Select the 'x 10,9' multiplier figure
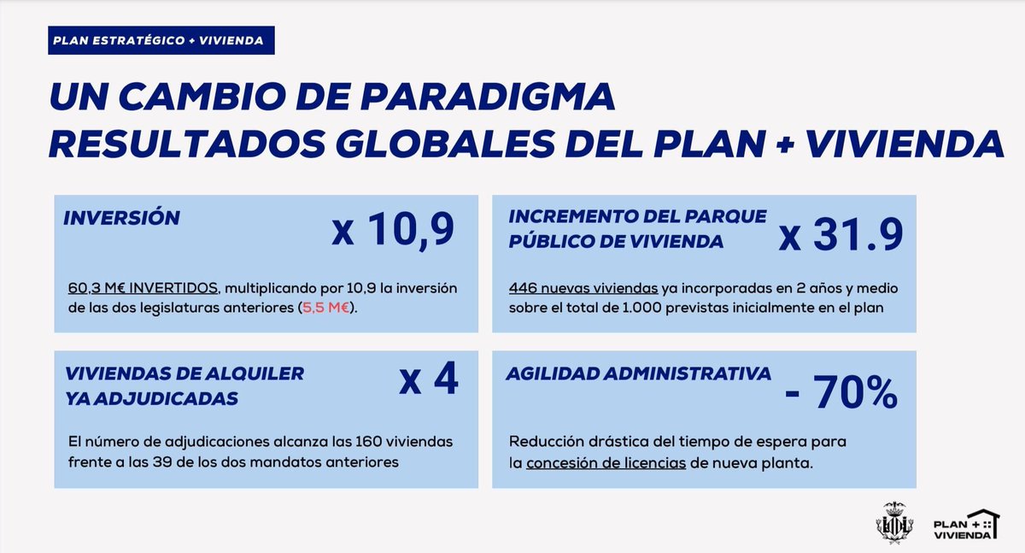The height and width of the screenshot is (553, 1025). tap(392, 232)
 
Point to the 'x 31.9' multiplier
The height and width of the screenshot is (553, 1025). tap(840, 236)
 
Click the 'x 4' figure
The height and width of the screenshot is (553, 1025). tap(429, 379)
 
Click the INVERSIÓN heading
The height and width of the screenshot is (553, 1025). tap(121, 218)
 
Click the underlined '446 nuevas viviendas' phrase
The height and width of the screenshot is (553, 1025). tap(583, 288)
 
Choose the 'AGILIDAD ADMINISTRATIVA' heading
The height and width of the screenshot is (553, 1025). tap(639, 374)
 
